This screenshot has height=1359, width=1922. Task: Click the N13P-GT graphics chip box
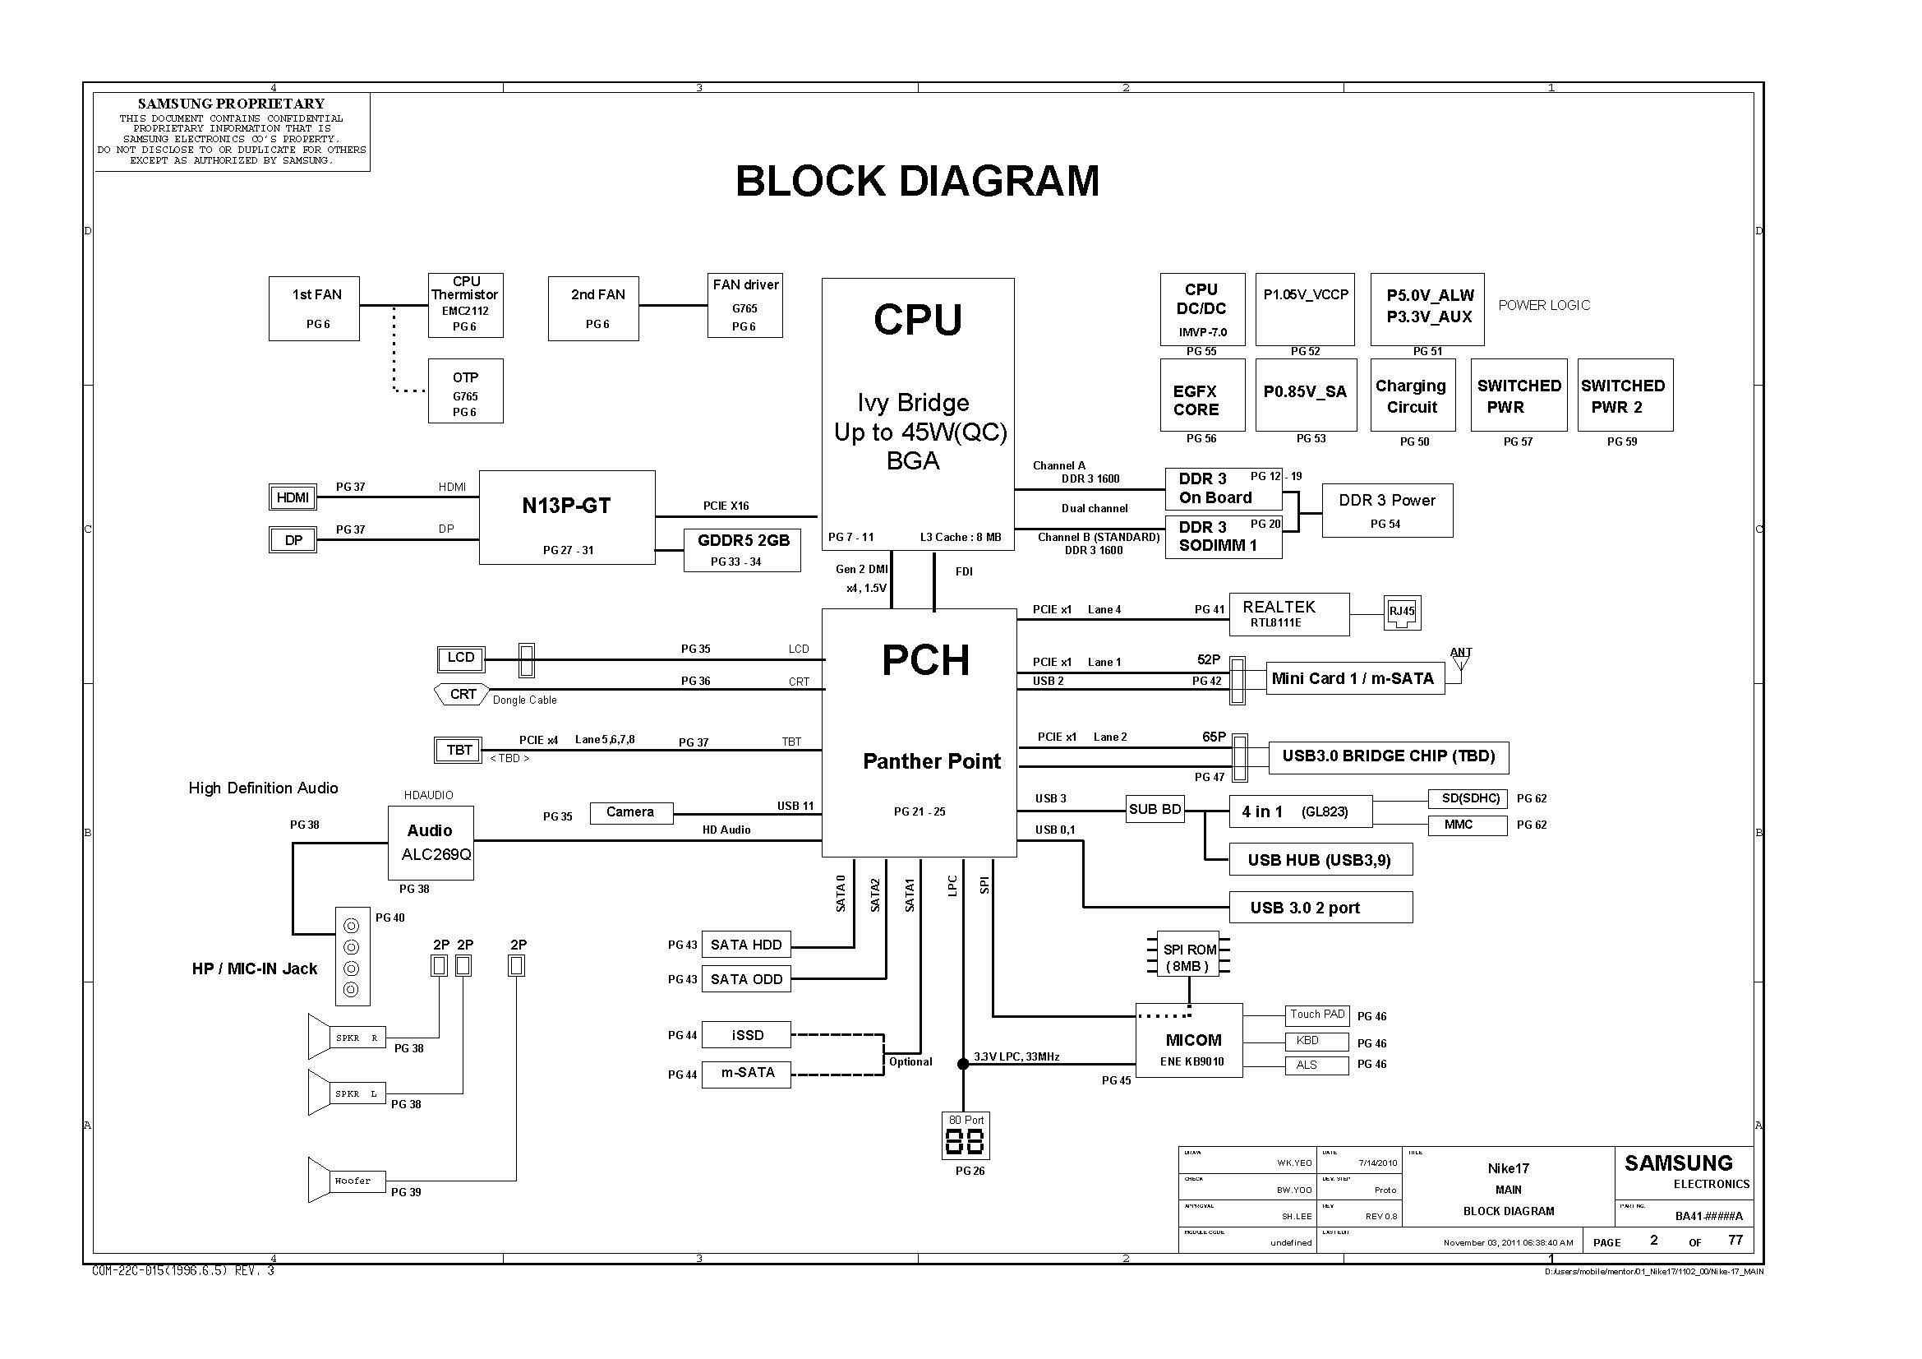[x=567, y=516]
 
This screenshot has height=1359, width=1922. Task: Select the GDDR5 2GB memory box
[x=742, y=549]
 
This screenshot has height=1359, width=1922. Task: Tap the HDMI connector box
[x=293, y=497]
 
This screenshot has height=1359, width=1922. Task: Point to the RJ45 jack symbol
[x=1401, y=612]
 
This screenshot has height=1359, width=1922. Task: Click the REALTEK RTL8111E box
[x=1288, y=614]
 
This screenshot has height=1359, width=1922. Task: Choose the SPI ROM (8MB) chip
[x=1189, y=958]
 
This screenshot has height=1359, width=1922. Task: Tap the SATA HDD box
[x=745, y=945]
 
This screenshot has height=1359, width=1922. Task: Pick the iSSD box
[x=745, y=1035]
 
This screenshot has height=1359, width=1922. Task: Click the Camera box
[x=630, y=812]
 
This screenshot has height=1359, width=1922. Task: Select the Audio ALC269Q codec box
[x=431, y=843]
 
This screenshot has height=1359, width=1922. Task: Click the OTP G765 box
[x=465, y=391]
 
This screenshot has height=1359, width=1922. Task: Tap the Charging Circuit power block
[x=1413, y=395]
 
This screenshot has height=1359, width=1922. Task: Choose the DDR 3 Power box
[x=1386, y=510]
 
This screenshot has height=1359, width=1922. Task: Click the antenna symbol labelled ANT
[x=1461, y=661]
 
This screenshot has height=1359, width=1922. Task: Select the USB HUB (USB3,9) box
[x=1321, y=860]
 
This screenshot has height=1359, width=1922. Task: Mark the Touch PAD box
[x=1316, y=1015]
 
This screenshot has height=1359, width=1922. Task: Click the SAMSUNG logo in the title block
[x=1679, y=1163]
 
